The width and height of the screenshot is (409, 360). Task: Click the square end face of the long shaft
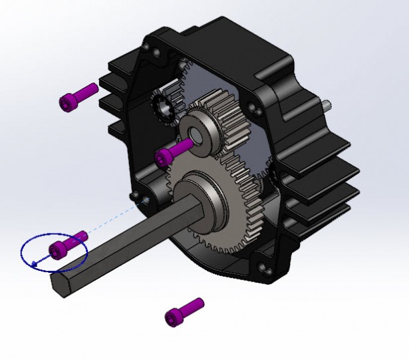[61, 284]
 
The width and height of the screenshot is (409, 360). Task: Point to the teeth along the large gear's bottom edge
[219, 250]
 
